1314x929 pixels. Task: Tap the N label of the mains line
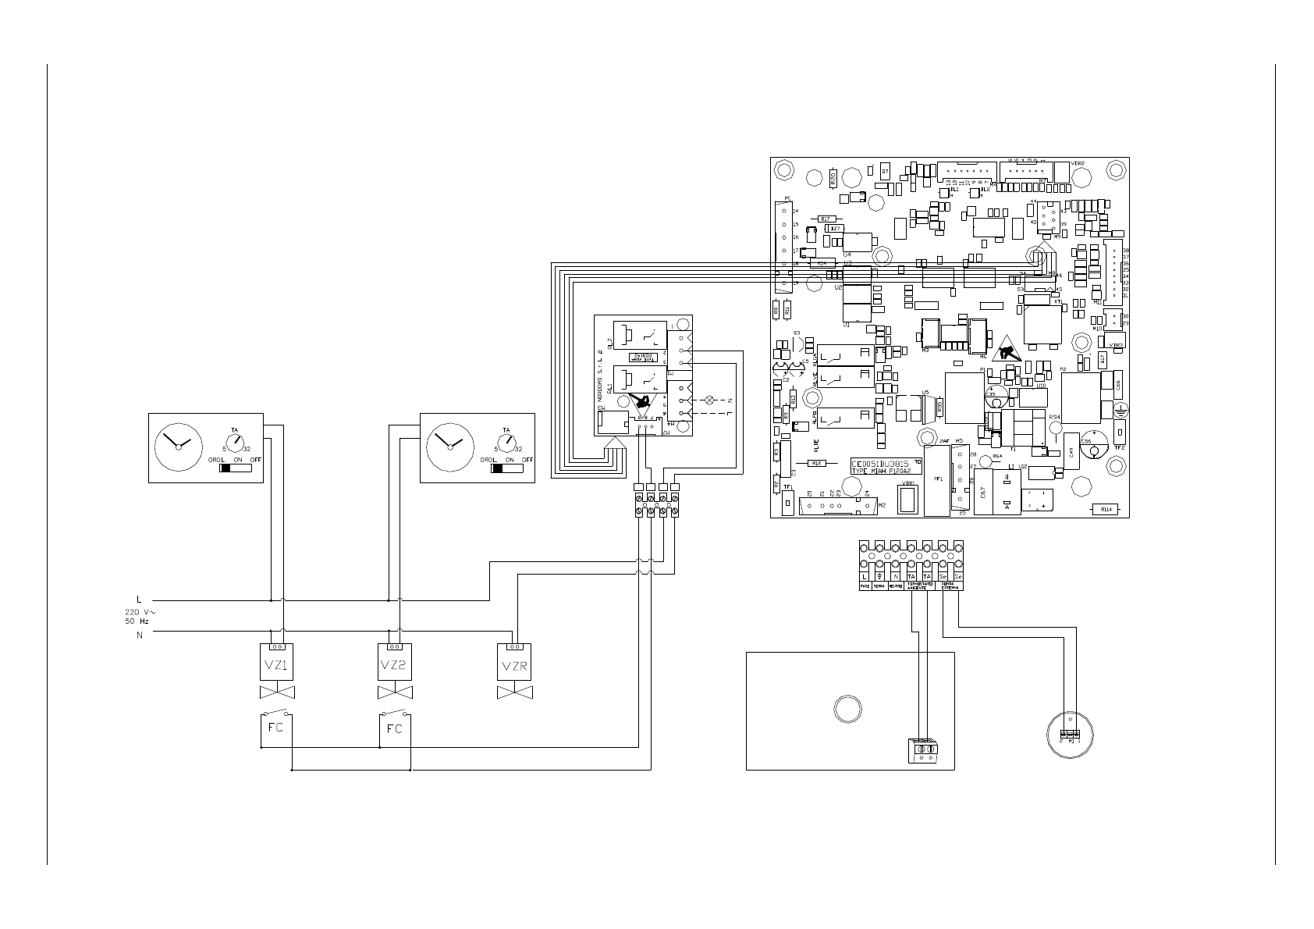tap(140, 635)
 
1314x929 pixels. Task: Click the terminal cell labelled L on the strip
tap(865, 576)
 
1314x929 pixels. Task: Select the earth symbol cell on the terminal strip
tap(880, 576)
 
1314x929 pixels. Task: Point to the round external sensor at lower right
tap(1069, 734)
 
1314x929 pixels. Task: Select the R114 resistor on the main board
tap(1105, 510)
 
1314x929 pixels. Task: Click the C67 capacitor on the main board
tap(982, 493)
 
